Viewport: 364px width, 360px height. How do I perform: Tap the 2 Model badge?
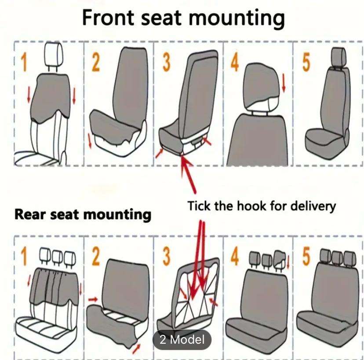182,340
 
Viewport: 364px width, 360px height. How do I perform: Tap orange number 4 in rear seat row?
235,257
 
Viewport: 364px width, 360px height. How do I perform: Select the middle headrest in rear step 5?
338,255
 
